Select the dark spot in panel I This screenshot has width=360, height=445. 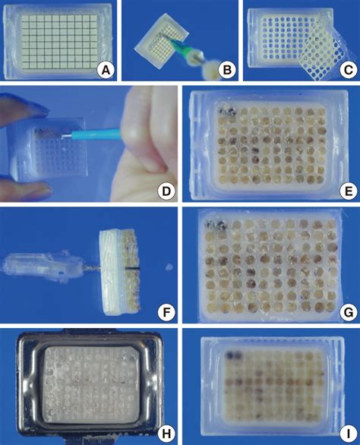click(x=232, y=355)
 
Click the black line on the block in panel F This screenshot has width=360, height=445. click(x=112, y=268)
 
